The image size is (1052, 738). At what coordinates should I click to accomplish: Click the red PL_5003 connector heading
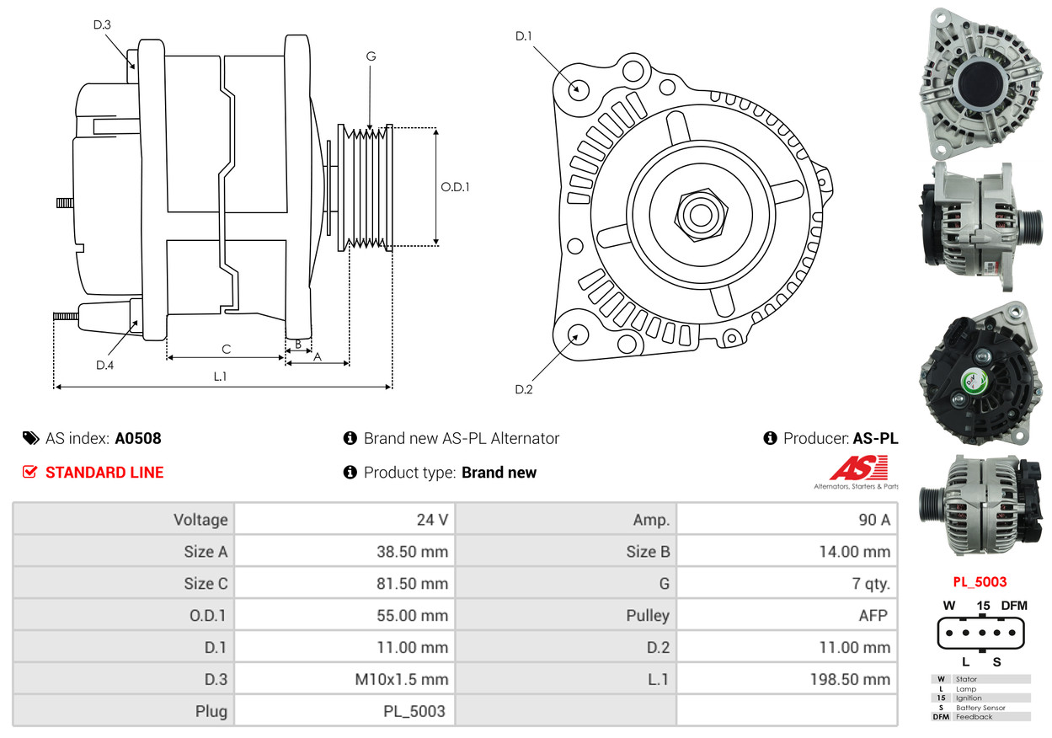pyautogui.click(x=980, y=581)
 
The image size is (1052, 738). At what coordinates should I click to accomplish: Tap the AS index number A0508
pyautogui.click(x=138, y=438)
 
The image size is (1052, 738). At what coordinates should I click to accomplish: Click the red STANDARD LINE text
pyautogui.click(x=104, y=473)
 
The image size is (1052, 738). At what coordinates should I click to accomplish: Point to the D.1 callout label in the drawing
pyautogui.click(x=524, y=35)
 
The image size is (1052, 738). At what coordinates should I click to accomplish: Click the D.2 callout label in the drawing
pyautogui.click(x=524, y=389)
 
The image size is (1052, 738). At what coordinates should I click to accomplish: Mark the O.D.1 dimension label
pyautogui.click(x=455, y=187)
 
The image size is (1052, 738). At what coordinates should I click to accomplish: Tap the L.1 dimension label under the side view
pyautogui.click(x=220, y=377)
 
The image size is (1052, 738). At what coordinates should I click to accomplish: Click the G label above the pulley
pyautogui.click(x=371, y=56)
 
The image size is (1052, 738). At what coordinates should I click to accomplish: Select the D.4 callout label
pyautogui.click(x=104, y=365)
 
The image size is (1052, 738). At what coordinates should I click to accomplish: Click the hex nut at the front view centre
pyautogui.click(x=698, y=213)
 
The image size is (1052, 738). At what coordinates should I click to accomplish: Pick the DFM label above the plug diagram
pyautogui.click(x=1014, y=605)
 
